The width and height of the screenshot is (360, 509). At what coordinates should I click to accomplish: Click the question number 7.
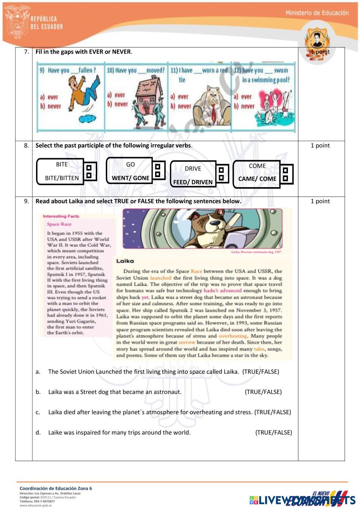(x=26, y=52)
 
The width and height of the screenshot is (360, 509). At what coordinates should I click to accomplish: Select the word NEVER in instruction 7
(x=121, y=52)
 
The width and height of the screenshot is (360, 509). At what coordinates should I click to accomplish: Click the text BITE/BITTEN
(x=62, y=178)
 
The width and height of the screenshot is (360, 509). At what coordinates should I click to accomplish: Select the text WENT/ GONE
(x=130, y=178)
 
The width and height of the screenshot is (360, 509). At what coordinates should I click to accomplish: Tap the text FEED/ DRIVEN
(x=193, y=182)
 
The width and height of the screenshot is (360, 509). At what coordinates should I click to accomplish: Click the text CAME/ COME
(x=257, y=179)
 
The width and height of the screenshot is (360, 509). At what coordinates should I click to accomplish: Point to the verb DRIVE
(x=193, y=168)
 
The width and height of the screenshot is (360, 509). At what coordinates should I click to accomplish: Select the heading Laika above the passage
(x=125, y=261)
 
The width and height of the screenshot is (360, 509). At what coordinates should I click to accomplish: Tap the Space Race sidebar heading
(x=59, y=224)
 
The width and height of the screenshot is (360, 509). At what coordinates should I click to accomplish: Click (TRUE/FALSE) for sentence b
(x=263, y=392)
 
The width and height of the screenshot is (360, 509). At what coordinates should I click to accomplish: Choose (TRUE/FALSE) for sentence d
(x=274, y=432)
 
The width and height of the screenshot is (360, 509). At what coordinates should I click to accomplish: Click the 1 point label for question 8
(x=320, y=145)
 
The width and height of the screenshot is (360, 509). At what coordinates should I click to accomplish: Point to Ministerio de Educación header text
(x=317, y=13)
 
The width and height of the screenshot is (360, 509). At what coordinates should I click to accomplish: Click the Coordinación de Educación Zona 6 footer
(x=56, y=488)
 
